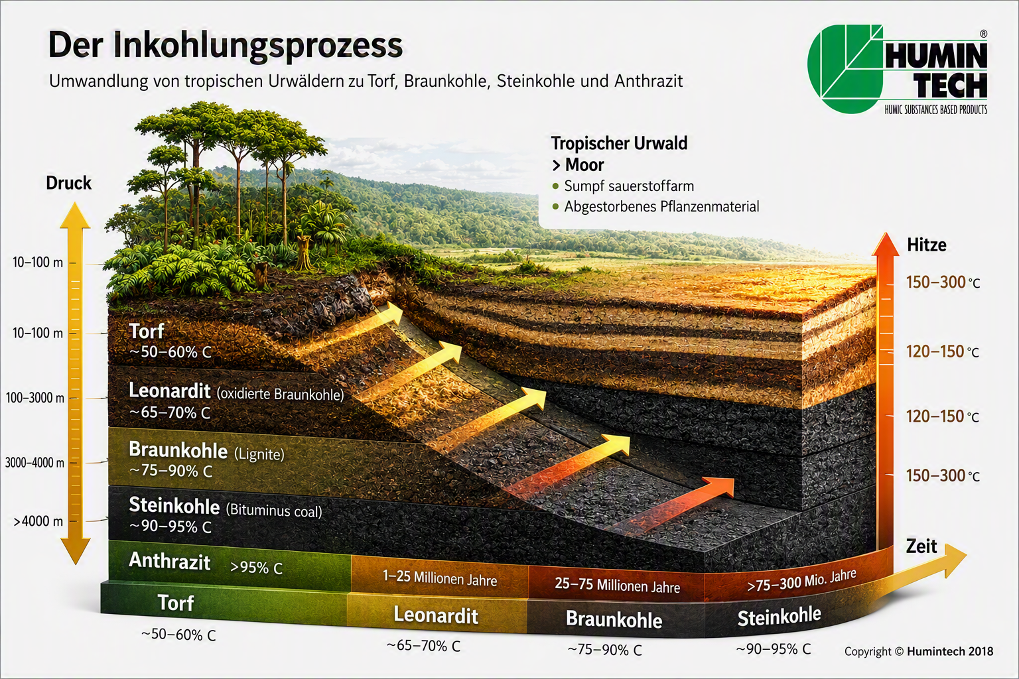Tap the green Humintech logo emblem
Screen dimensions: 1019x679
coord(845,68)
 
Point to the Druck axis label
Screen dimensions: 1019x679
coord(69,183)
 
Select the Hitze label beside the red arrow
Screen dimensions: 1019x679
coord(927,245)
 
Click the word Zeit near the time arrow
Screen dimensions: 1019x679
coord(921,546)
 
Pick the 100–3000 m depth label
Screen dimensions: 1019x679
coord(35,398)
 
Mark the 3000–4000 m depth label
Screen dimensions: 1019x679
coord(34,463)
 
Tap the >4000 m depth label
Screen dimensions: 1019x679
coord(38,521)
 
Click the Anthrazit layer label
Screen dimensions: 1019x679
coord(169,561)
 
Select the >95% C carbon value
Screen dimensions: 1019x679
coord(256,568)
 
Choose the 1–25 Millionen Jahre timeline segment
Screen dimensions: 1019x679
coord(439,578)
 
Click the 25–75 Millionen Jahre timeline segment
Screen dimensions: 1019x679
coord(618,585)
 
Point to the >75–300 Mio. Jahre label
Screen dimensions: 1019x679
coord(801,581)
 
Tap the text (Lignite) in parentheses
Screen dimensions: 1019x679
coord(259,454)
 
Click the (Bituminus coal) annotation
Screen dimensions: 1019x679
coord(274,511)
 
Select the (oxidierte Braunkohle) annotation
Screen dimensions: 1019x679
coord(280,394)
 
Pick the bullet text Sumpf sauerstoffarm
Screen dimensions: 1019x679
coord(629,186)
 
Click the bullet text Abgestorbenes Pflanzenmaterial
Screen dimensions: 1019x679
coord(661,206)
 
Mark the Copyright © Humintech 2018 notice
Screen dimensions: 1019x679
coord(918,651)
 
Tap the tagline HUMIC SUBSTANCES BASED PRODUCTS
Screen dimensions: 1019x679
coord(936,109)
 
